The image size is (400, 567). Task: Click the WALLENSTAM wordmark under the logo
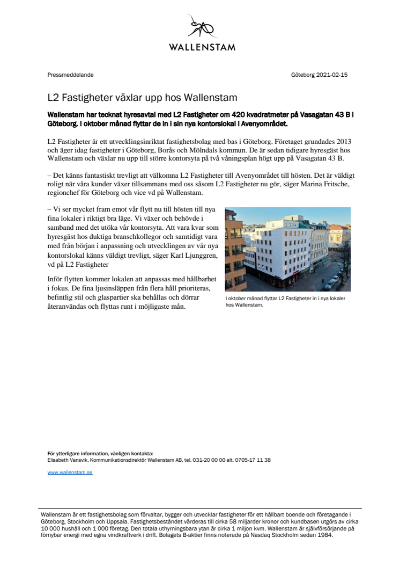click(202, 47)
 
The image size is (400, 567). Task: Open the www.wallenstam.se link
click(70, 472)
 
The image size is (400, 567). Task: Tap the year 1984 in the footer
click(323, 535)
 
